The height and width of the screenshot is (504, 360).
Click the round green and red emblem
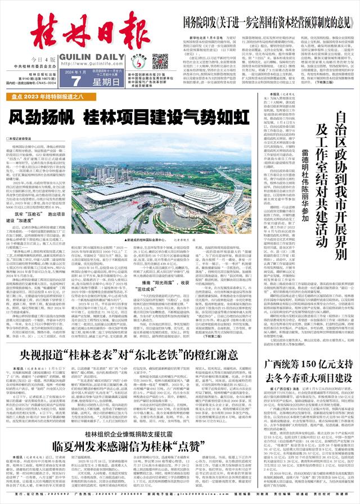146,62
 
